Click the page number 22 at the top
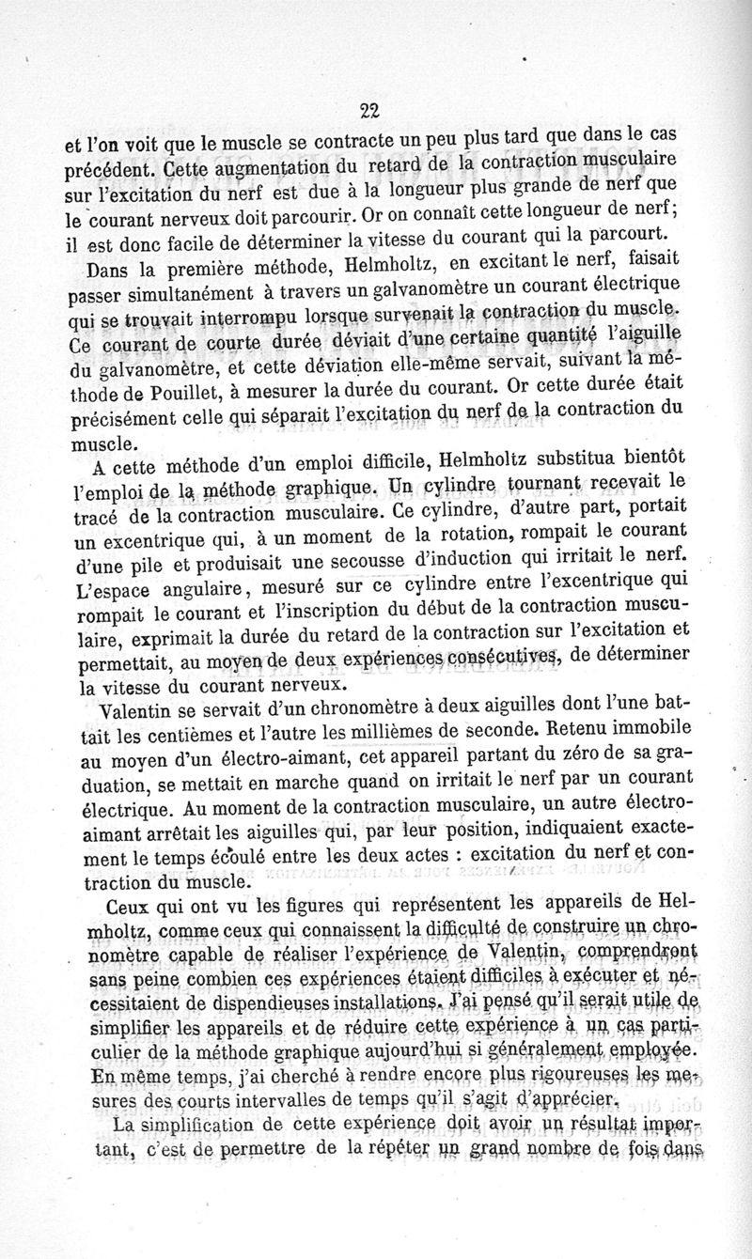point(368,109)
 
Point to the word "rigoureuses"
point(579,1078)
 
